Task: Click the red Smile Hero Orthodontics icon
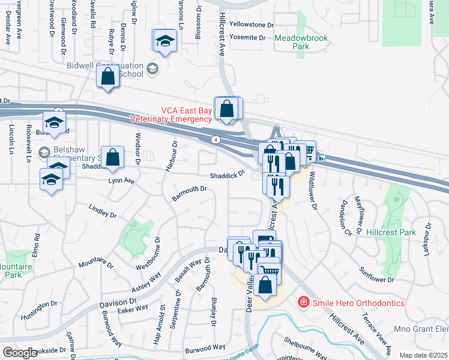coord(304,302)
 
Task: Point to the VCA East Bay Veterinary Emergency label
coord(170,115)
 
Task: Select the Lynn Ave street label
coord(121,179)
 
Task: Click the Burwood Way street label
coord(205,347)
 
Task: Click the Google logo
coord(20,352)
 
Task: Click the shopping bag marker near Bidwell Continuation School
coord(107,77)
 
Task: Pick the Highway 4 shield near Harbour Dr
coord(214,139)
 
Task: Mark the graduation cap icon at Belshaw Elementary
coord(43,151)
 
